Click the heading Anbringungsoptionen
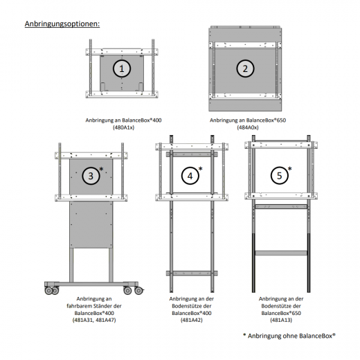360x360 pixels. click(x=62, y=24)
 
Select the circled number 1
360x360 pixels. click(x=122, y=68)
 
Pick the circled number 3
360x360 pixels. click(x=91, y=177)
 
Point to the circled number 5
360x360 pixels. click(x=279, y=176)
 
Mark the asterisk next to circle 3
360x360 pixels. click(x=102, y=170)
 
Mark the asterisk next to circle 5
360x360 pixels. click(x=290, y=170)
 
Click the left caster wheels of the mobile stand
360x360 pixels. click(x=53, y=290)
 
